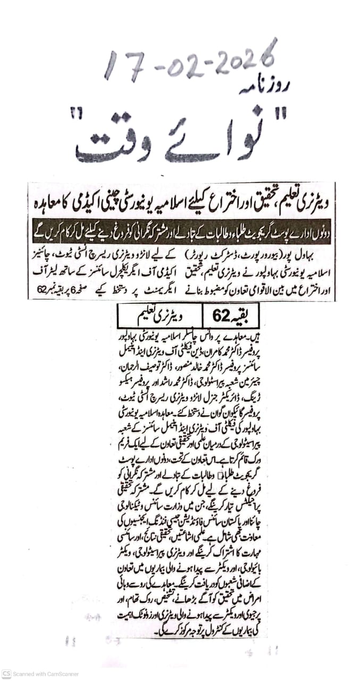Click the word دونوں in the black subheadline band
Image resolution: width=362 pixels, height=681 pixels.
click(315, 232)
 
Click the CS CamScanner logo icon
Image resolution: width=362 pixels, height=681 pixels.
click(6, 674)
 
